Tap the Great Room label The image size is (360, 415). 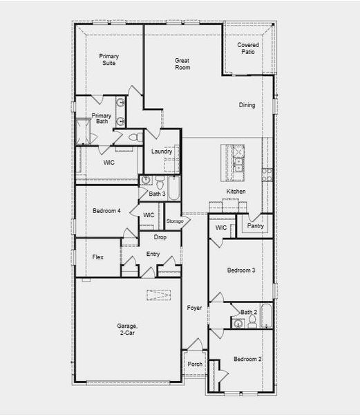(x=182, y=64)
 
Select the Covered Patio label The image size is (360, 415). (x=248, y=49)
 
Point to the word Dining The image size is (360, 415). (x=247, y=106)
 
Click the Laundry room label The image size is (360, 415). (x=162, y=151)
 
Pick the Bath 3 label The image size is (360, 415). (x=157, y=194)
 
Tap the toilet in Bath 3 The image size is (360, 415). (x=159, y=184)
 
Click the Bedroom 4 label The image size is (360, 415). (x=107, y=211)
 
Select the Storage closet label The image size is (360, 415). (x=175, y=221)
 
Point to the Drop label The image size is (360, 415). (x=160, y=237)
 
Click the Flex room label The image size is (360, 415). (x=98, y=257)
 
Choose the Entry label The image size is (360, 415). (x=153, y=255)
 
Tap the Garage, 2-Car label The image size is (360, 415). (x=127, y=329)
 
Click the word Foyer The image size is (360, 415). (x=194, y=308)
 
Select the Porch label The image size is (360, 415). (x=196, y=364)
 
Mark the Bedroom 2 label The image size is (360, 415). (x=247, y=360)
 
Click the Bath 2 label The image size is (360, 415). (x=249, y=313)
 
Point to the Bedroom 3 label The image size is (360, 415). (x=242, y=270)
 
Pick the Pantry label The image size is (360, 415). (x=255, y=225)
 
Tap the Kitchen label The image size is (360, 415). (x=236, y=192)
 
